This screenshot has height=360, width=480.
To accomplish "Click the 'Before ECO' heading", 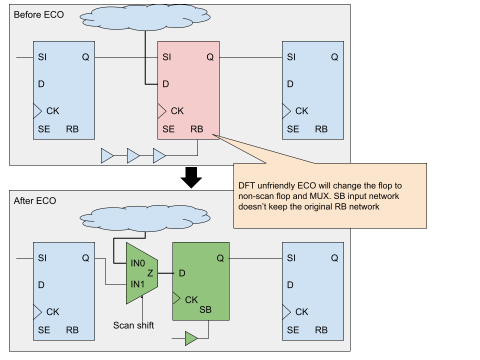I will coord(38,14).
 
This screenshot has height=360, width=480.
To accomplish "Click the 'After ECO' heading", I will coord(35,200).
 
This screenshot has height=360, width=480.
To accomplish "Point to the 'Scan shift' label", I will coord(133,325).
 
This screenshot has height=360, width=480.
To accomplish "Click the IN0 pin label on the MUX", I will coord(137,262).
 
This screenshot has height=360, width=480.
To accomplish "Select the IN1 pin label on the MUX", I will coord(137,284).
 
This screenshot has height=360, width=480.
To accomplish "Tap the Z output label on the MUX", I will coord(150,273).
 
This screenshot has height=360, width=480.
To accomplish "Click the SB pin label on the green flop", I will coord(205,309).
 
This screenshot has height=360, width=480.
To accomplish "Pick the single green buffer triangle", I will coord(191,338).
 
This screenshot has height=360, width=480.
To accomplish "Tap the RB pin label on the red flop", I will coord(196,129).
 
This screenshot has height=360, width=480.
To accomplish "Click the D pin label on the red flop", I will coord(165,84).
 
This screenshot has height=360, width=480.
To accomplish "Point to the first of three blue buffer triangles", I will coord(107,155).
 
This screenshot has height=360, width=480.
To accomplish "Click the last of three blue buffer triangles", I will coord(159,155).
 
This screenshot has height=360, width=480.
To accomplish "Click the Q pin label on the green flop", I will coord(220,258).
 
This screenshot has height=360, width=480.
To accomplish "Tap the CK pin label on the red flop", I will coord(177,110).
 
